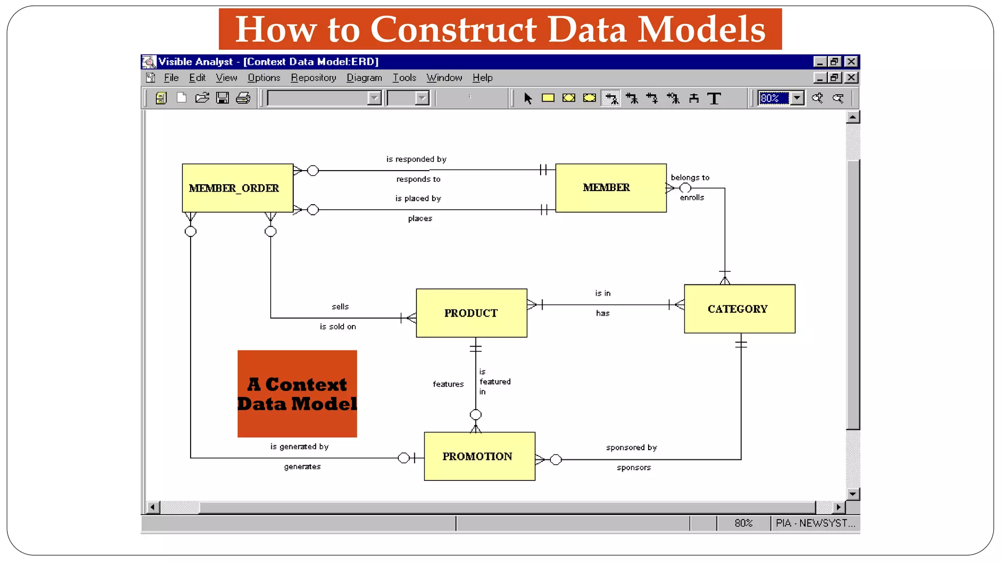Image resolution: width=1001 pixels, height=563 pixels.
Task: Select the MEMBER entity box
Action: tap(610, 188)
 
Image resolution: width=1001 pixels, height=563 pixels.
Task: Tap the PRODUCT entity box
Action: tap(471, 313)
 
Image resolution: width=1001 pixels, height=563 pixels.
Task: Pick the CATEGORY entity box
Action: tap(739, 309)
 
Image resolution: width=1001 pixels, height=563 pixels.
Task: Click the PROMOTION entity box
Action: tap(479, 456)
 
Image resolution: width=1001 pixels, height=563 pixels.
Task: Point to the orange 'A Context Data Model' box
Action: tap(297, 393)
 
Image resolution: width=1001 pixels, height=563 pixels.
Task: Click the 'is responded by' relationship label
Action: tap(416, 159)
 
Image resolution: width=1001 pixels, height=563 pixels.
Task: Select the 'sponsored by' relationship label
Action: tap(631, 448)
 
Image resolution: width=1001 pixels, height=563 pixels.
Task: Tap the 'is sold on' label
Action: tap(338, 326)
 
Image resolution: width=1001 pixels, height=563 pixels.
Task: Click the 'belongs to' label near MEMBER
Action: tap(690, 177)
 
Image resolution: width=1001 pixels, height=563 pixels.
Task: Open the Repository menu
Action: tap(313, 78)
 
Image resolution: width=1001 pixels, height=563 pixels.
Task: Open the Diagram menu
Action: tap(364, 78)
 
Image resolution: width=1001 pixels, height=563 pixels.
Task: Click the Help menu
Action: tap(482, 78)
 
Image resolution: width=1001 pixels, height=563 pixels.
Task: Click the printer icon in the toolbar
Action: tap(243, 98)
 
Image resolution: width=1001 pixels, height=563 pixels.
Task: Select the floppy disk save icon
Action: tap(222, 98)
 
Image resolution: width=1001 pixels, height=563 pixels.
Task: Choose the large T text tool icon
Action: tap(714, 99)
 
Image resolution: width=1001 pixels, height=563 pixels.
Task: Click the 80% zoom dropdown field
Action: tap(773, 98)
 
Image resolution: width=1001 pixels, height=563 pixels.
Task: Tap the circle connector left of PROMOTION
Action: tap(403, 458)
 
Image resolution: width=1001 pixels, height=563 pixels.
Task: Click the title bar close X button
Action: tap(851, 62)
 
